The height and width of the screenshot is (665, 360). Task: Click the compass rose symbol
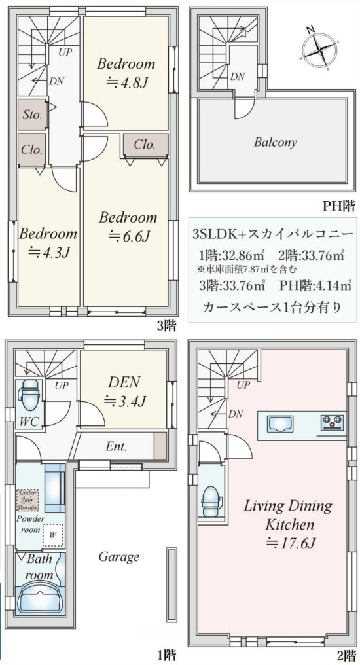[319, 48]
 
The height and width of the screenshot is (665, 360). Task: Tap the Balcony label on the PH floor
[275, 142]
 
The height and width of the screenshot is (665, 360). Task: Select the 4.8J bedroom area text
[126, 82]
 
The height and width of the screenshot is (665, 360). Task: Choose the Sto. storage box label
[32, 115]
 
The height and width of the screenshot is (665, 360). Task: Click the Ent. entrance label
[116, 448]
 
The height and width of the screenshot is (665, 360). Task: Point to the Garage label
[119, 557]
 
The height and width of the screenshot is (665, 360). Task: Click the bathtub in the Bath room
[40, 597]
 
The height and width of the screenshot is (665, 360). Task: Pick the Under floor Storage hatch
[27, 499]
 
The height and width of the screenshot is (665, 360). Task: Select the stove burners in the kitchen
[333, 423]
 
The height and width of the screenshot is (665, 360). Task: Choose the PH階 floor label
[338, 206]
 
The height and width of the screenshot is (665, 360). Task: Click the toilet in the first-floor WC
[29, 393]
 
